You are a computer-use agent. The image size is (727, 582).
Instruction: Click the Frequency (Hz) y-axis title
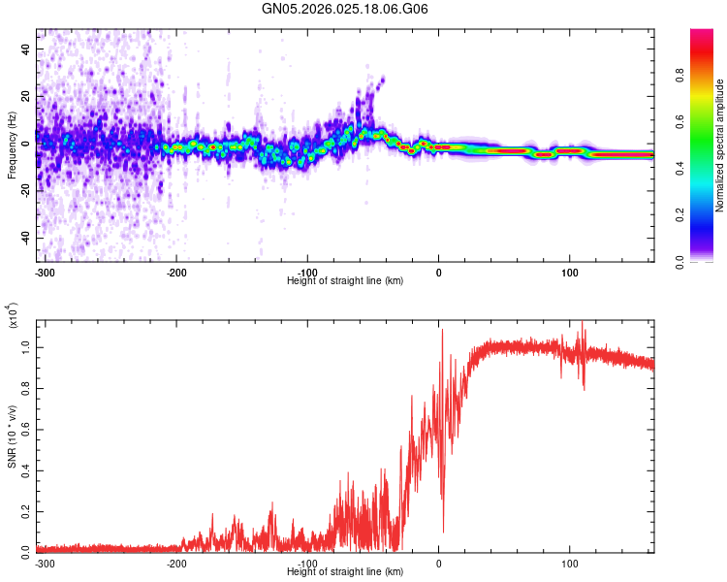pos(12,145)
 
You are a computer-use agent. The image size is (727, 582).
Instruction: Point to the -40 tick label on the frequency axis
pos(23,238)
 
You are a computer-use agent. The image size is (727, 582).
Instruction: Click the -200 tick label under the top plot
pos(176,272)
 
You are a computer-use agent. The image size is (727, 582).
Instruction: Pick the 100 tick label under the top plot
pos(569,272)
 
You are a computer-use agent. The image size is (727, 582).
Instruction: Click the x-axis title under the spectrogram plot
pos(345,281)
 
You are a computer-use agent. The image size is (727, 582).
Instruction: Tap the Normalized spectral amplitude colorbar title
pos(720,145)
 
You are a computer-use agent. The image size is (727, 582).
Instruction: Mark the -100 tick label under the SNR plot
pos(307,562)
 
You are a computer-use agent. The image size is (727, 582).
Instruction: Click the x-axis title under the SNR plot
pos(345,572)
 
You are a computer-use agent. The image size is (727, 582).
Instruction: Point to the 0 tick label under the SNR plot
pos(438,562)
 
